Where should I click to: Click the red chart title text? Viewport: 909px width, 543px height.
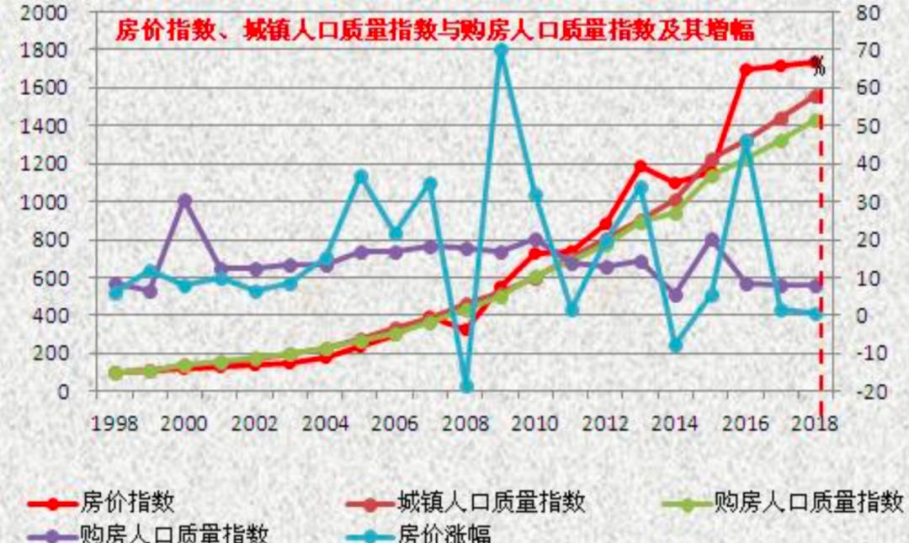point(434,31)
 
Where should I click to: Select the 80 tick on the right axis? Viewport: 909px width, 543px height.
point(867,13)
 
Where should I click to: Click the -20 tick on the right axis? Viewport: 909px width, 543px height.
point(867,391)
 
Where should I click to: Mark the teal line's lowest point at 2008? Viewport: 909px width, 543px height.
point(466,387)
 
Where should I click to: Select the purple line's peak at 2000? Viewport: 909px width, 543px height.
point(185,200)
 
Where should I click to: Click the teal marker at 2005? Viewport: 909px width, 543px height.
point(361,177)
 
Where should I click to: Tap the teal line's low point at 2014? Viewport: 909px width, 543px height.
point(676,345)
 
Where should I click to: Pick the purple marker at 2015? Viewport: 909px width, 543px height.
point(711,240)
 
